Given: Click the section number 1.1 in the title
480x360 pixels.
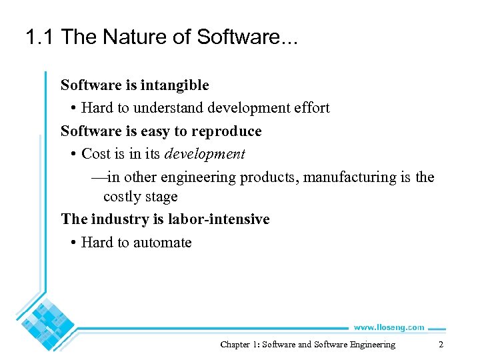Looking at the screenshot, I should click(40, 37).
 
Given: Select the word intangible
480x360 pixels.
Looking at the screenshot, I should click(175, 85).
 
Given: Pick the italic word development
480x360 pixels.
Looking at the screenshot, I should click(205, 154).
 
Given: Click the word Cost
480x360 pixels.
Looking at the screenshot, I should click(95, 154).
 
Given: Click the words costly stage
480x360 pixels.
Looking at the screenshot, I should click(140, 197).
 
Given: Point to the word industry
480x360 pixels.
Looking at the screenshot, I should click(114, 219).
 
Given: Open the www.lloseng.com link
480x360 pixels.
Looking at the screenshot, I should click(389, 327).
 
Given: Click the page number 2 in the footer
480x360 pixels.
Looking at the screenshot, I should click(441, 345).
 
